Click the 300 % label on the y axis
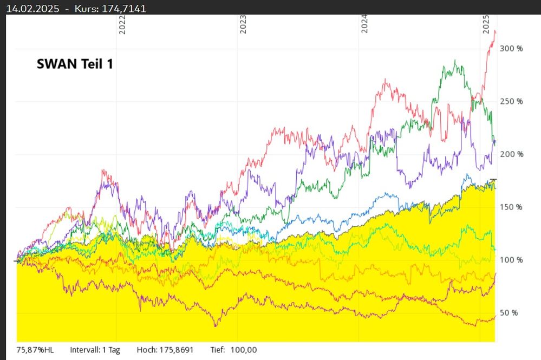512,49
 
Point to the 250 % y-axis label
512,101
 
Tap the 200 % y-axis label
512,154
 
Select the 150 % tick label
512,207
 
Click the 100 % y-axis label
512,260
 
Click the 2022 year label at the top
122,24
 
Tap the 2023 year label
244,24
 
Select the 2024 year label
365,24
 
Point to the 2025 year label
486,24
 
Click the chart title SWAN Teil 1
75,64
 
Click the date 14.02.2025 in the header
30,8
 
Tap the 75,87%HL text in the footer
36,350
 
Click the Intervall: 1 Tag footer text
95,350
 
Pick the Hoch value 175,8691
175,350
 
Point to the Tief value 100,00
244,350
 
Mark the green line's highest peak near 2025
455,60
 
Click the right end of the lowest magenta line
495,317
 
